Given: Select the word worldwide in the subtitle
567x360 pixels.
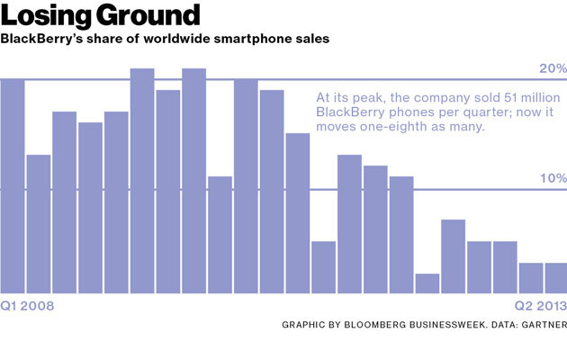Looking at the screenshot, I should [x=168, y=40].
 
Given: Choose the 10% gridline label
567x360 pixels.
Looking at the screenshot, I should [x=553, y=178].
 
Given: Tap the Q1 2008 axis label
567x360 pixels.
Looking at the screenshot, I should [x=28, y=306].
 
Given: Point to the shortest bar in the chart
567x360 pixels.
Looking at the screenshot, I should [x=427, y=283].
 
